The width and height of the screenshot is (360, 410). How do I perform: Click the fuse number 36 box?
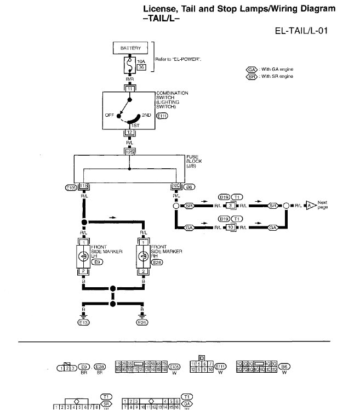(141, 67)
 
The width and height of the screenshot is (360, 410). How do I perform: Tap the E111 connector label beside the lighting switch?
(163, 116)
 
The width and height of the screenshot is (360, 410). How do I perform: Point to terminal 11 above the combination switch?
(129, 88)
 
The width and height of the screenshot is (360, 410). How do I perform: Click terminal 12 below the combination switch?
(129, 133)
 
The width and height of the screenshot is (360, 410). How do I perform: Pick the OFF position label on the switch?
(110, 115)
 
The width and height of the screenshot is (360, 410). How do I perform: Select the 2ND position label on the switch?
(146, 115)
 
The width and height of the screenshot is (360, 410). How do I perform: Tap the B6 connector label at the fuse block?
(189, 187)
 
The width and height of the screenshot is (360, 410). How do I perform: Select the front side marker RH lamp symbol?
(143, 255)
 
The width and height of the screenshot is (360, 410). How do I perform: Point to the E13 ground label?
(84, 323)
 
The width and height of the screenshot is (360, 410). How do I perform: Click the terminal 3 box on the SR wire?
(231, 206)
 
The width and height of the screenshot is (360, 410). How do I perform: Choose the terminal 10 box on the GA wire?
(231, 226)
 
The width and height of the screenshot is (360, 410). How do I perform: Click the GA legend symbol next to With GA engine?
(252, 70)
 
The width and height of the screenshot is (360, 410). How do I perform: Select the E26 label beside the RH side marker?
(157, 263)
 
